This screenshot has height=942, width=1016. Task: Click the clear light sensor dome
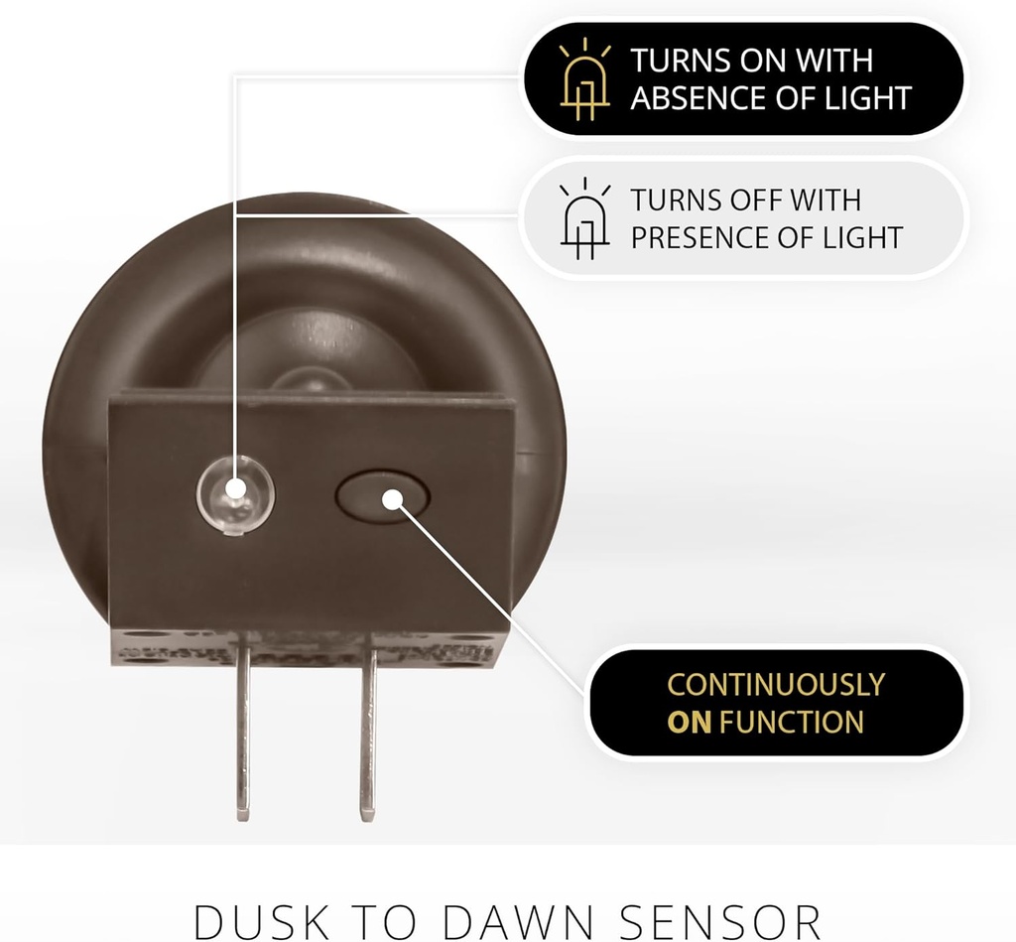236,495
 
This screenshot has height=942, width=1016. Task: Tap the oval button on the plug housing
383,496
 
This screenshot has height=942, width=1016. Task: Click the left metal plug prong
243,727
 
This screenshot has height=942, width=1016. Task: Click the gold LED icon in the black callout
584,79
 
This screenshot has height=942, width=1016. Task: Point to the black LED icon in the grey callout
584,218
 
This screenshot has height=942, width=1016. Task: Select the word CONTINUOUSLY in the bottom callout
776,685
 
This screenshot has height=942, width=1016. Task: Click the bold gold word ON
689,723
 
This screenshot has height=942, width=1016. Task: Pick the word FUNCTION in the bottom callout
791,723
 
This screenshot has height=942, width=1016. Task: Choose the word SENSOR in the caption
720,920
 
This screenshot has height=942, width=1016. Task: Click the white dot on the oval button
392,499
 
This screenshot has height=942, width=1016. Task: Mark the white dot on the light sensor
236,488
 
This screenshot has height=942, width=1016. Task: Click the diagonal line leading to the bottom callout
492,599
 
